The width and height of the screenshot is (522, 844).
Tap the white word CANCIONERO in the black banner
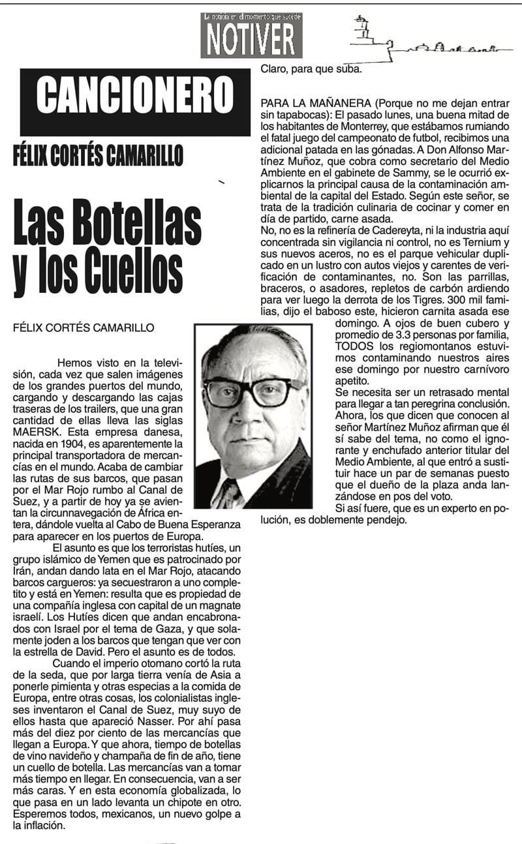point(134,95)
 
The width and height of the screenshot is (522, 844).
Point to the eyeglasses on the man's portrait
point(254,391)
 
